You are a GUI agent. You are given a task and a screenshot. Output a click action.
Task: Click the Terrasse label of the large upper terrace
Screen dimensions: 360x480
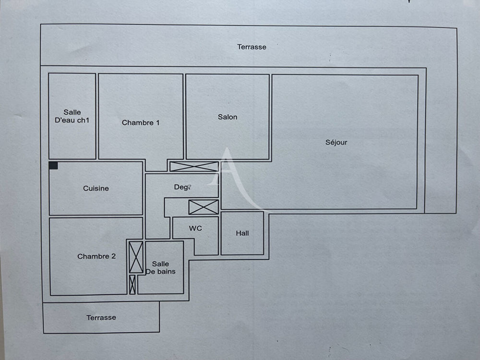tap(252, 47)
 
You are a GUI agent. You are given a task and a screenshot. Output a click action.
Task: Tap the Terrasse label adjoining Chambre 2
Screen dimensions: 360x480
tap(101, 318)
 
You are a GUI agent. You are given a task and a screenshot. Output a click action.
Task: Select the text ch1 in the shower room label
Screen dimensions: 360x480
tap(83, 120)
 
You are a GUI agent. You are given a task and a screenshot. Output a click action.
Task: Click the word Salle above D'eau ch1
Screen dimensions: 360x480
tap(72, 112)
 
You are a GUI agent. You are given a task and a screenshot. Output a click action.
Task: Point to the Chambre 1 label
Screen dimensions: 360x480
tap(141, 123)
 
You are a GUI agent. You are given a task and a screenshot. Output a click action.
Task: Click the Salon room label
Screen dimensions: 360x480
tap(228, 117)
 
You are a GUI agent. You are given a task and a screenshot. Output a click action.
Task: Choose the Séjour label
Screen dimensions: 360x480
tap(336, 143)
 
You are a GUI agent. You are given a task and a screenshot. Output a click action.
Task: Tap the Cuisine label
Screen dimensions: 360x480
tap(96, 189)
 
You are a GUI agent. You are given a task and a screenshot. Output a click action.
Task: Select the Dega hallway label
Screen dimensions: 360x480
tap(183, 187)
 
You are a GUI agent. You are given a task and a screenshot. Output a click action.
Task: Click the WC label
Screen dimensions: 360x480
tap(195, 228)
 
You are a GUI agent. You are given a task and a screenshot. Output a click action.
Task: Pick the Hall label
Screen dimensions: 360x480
tap(242, 233)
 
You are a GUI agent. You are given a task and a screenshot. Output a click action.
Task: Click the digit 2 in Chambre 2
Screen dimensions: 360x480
tap(113, 256)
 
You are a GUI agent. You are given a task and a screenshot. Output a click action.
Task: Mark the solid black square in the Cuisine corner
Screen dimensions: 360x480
tap(53, 166)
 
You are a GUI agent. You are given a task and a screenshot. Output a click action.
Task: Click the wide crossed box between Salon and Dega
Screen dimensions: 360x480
tap(194, 167)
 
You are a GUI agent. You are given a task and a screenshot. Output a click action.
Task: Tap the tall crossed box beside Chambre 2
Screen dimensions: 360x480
tap(136, 258)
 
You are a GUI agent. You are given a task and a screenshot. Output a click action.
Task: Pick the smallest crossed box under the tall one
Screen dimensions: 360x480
tap(132, 285)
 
